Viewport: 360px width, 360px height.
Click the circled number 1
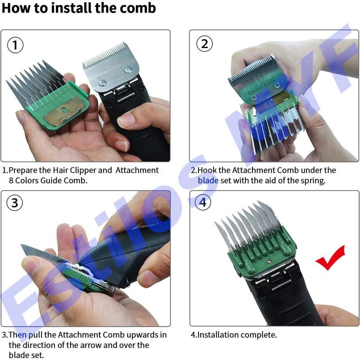15,45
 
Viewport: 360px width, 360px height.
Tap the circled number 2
204,44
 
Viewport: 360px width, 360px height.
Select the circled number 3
15,203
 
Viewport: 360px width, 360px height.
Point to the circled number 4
203,202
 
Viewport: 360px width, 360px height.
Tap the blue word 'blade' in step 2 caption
208,180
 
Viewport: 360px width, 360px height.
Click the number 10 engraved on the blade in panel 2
257,81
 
